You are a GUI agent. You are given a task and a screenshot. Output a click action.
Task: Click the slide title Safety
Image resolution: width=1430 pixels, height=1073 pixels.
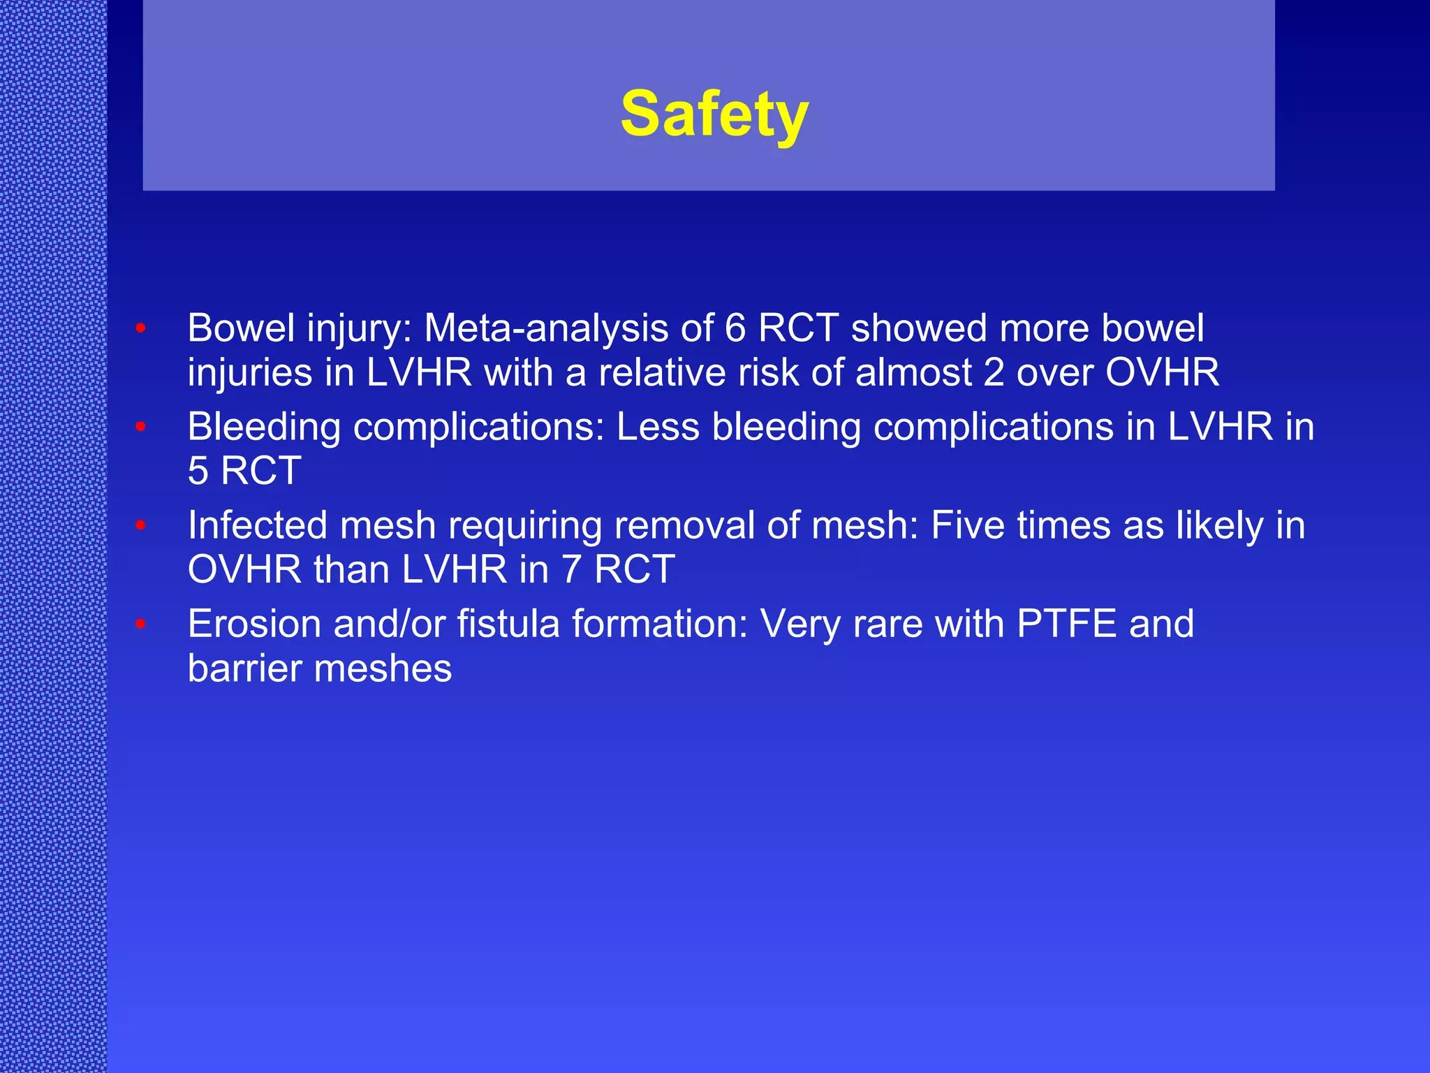point(714,115)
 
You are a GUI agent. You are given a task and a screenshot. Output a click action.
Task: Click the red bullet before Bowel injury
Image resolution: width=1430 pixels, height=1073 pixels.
point(140,328)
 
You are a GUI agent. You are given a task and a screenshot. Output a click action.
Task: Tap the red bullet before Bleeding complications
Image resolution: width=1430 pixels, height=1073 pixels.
point(140,426)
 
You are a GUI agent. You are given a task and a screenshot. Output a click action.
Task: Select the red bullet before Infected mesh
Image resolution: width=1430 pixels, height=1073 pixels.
point(140,525)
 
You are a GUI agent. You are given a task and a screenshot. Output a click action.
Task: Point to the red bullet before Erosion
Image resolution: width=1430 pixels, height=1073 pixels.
point(140,623)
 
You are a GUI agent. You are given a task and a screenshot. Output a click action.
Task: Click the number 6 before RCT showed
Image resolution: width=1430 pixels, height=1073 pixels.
point(735,328)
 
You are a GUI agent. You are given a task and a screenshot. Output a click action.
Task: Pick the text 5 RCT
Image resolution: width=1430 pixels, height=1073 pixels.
point(244,471)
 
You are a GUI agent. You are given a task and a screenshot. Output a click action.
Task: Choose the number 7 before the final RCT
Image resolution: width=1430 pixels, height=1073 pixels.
point(572,569)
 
